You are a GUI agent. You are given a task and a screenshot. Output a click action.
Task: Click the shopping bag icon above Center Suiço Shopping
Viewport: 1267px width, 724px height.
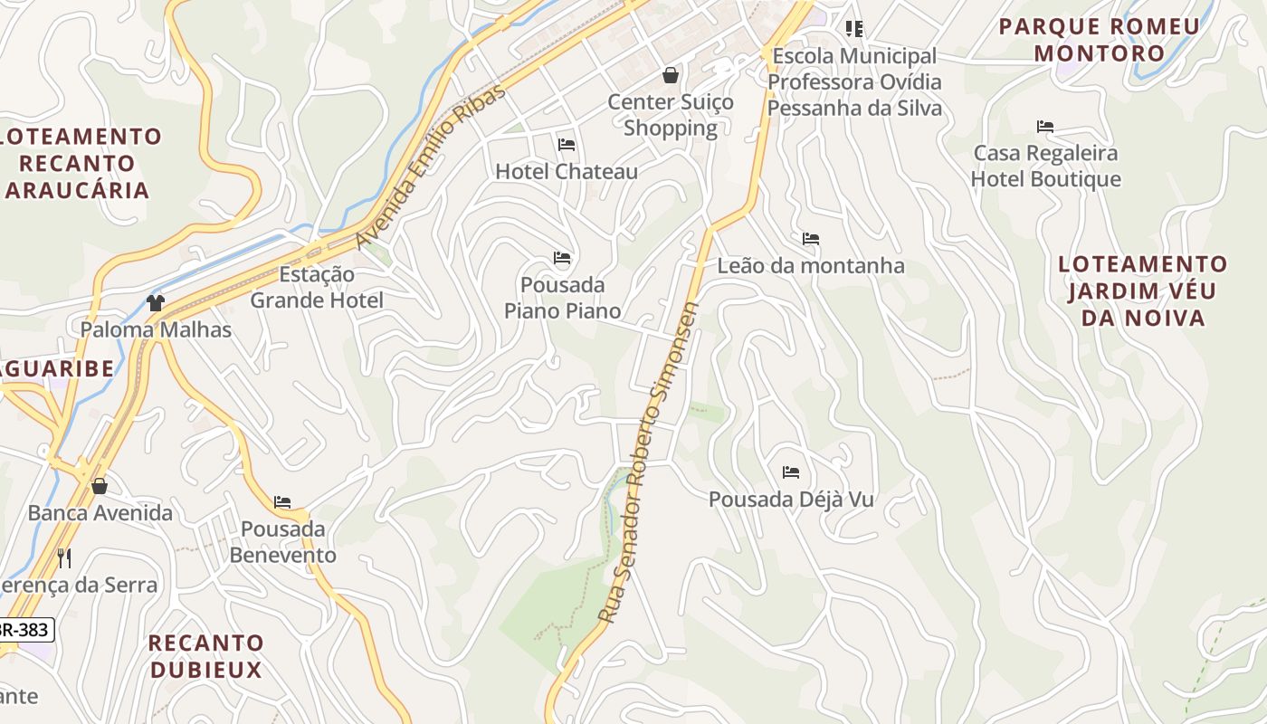[671, 75]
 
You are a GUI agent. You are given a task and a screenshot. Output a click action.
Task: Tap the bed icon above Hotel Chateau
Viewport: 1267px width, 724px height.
[567, 145]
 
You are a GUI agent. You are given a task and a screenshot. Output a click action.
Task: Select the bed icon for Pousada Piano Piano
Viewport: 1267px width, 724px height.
[562, 259]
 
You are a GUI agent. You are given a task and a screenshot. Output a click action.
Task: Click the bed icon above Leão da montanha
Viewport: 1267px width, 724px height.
[811, 240]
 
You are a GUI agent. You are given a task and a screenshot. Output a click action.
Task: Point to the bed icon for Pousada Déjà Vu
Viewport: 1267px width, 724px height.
[791, 472]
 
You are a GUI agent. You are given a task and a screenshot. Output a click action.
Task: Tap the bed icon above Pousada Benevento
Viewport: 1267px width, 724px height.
[282, 502]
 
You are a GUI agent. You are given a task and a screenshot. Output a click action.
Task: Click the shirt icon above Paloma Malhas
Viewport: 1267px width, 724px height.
[156, 303]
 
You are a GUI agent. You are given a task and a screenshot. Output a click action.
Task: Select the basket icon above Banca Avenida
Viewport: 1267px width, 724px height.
[100, 487]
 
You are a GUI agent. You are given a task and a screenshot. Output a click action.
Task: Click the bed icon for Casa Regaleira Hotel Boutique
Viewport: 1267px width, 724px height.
[1045, 127]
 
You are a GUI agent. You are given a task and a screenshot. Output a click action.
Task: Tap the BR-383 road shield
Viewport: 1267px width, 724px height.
[25, 629]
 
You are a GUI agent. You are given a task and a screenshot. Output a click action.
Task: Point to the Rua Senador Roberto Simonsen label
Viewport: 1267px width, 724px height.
[648, 462]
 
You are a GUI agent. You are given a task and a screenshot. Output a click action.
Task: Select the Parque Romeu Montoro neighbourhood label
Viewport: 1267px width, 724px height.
[1099, 40]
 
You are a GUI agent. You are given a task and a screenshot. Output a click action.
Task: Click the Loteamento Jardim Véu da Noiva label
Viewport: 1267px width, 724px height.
[1143, 291]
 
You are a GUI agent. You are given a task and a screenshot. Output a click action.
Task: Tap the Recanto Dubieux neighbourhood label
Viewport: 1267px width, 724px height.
[205, 656]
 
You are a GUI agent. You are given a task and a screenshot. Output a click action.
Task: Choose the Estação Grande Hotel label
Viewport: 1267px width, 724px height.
[317, 287]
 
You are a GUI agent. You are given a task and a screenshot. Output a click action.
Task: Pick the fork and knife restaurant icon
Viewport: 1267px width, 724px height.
[64, 557]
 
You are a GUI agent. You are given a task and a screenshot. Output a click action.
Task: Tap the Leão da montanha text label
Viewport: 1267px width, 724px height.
[811, 266]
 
